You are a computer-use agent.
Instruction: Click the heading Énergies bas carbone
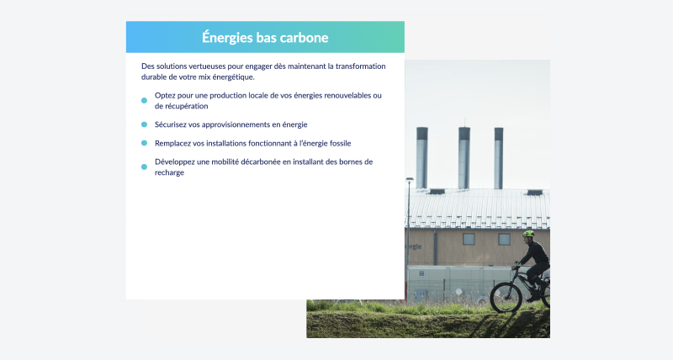click(265, 38)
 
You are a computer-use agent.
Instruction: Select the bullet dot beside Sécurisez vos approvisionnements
click(144, 124)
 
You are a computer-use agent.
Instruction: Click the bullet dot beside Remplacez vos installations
click(144, 143)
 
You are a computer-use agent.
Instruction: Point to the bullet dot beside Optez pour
click(144, 100)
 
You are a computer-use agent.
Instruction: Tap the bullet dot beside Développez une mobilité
click(144, 167)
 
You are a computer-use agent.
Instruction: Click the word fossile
click(341, 143)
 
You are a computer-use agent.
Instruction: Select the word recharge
click(170, 172)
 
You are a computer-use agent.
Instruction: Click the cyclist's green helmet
click(528, 234)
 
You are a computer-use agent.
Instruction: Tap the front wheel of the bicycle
click(506, 297)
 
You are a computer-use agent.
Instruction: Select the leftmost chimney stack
click(422, 157)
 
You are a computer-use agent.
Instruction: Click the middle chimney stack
click(464, 157)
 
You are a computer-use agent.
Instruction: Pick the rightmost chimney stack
click(498, 158)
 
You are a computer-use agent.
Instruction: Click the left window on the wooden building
click(469, 239)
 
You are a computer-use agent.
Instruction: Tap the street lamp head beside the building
click(410, 179)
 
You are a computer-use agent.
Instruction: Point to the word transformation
click(361, 66)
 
